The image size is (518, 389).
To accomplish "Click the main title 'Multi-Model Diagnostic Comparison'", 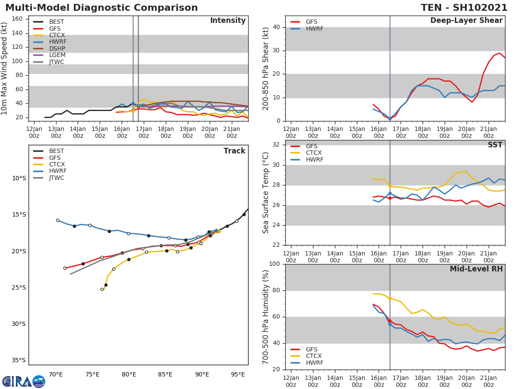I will [101, 8].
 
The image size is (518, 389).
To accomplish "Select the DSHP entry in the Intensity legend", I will [57, 48].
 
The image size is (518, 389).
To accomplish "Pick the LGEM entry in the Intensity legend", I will [57, 55].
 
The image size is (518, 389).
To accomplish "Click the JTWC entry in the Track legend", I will [57, 178].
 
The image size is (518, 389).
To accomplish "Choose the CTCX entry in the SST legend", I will [313, 153].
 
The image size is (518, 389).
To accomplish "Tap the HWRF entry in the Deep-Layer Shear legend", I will [314, 29].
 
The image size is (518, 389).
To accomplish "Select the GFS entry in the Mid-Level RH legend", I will [312, 349].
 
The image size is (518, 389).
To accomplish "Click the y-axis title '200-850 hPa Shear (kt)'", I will [266, 68].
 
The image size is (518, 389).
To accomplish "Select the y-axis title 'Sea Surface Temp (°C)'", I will [266, 193].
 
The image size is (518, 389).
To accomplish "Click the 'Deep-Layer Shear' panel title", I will [466, 21].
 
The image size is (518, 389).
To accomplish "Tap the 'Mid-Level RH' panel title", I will [476, 269].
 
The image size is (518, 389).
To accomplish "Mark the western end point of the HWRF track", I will [57, 220].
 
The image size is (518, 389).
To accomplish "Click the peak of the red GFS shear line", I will [499, 53].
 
